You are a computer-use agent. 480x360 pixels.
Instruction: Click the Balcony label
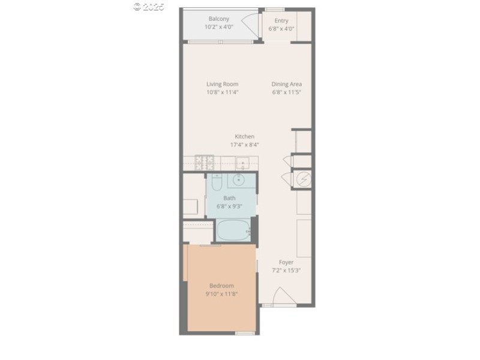click(218, 19)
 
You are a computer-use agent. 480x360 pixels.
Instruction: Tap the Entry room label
click(281, 21)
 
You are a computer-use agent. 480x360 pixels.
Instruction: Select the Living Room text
click(223, 84)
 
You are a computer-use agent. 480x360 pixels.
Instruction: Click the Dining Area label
click(286, 84)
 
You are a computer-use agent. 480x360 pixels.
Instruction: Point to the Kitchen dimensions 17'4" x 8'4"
click(245, 145)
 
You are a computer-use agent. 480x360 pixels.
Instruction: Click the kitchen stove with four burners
click(205, 161)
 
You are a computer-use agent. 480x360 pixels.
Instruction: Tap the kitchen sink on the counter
click(243, 162)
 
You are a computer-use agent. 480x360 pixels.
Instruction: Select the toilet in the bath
click(217, 181)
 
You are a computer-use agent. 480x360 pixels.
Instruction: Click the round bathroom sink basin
click(239, 179)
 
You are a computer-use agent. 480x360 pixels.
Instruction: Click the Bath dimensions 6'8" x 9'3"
click(229, 206)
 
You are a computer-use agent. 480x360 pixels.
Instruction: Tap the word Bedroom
click(221, 286)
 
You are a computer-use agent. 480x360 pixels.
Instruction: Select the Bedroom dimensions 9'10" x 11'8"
click(221, 294)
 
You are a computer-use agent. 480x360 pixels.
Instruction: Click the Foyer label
click(286, 262)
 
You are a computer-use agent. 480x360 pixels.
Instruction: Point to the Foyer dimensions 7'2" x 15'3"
click(286, 270)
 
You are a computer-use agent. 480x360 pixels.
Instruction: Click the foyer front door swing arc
click(282, 295)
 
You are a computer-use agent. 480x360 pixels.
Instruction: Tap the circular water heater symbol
click(304, 179)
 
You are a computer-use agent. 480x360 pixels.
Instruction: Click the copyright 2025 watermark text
click(148, 7)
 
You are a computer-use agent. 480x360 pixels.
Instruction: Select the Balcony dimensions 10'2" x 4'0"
click(218, 27)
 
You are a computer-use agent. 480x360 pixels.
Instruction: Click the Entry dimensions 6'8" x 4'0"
click(281, 29)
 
